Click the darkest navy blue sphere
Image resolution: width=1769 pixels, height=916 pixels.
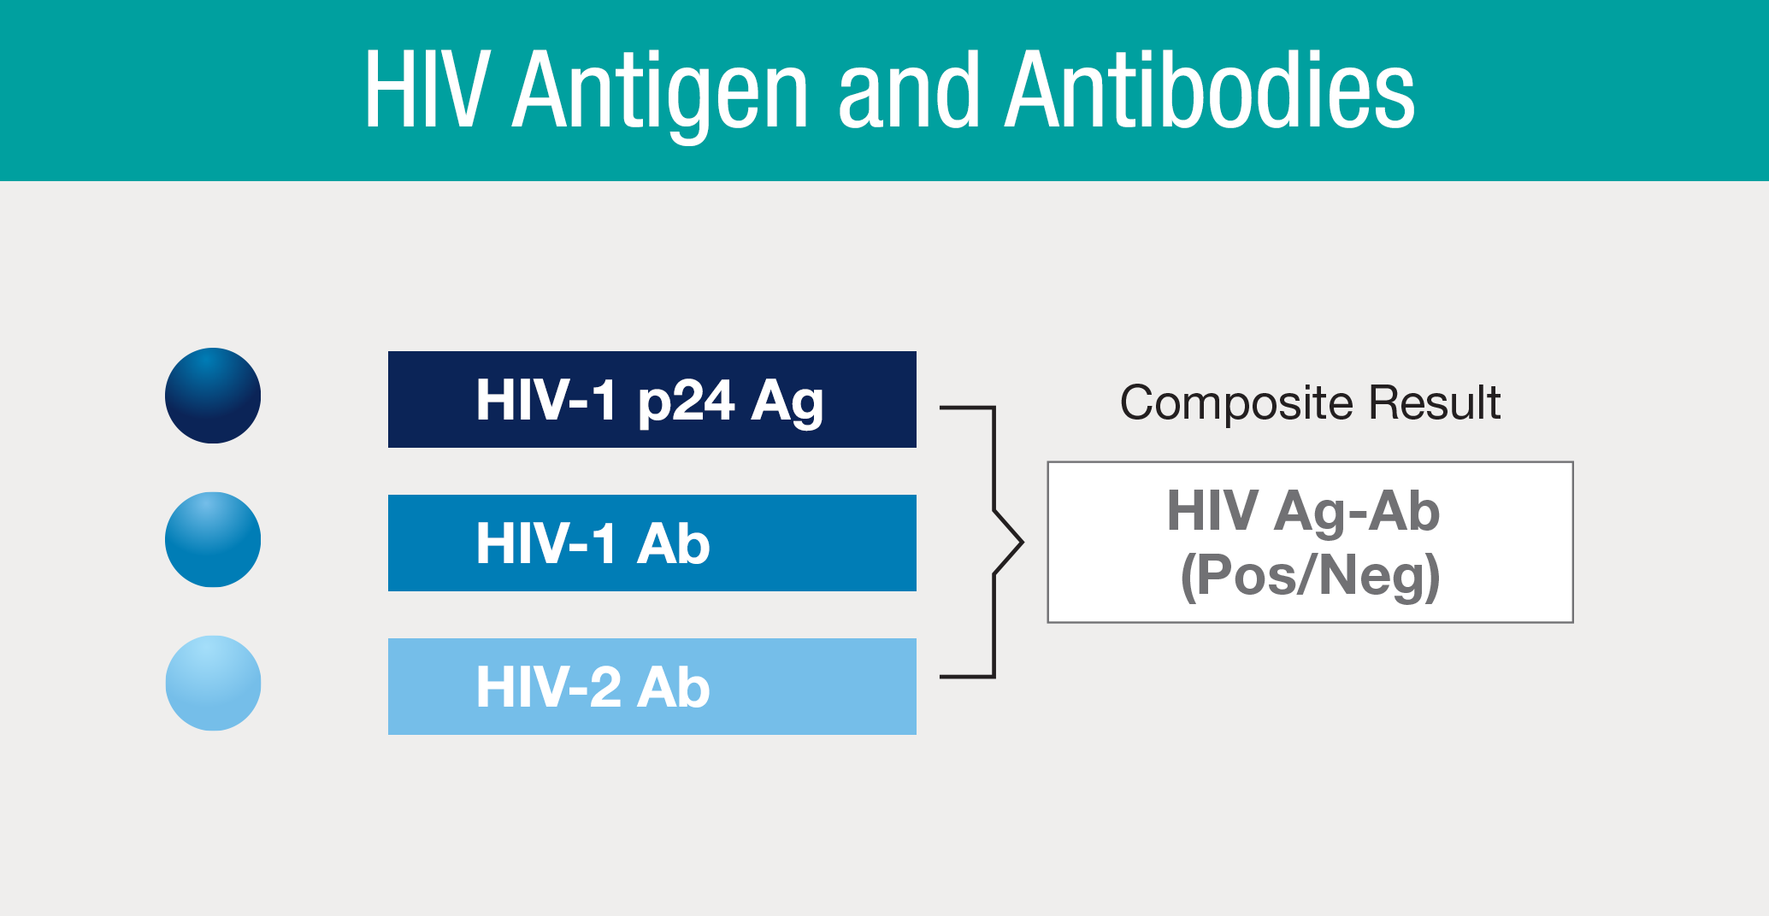pyautogui.click(x=213, y=396)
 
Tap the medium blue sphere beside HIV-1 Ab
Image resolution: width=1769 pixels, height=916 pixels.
pyautogui.click(x=213, y=539)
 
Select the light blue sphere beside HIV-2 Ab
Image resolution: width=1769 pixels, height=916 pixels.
pyautogui.click(x=213, y=683)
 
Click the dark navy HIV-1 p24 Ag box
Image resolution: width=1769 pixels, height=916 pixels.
pyautogui.click(x=652, y=399)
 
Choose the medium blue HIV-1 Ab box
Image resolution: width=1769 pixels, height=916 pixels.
pyautogui.click(x=652, y=543)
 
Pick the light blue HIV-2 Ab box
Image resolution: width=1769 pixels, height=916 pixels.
pyautogui.click(x=652, y=686)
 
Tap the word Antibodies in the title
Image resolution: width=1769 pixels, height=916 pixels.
pyautogui.click(x=1210, y=89)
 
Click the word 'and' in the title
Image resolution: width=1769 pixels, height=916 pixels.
pyautogui.click(x=908, y=89)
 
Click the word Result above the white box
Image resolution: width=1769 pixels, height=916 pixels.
pyautogui.click(x=1435, y=402)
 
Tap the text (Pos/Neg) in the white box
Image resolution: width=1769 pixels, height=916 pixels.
pyautogui.click(x=1310, y=576)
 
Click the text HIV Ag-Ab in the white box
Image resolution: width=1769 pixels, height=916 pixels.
pyautogui.click(x=1304, y=512)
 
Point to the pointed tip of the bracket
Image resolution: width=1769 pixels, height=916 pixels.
pyautogui.click(x=1023, y=543)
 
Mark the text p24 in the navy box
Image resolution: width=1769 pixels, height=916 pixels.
pyautogui.click(x=686, y=402)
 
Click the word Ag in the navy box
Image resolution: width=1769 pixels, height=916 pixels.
pyautogui.click(x=787, y=402)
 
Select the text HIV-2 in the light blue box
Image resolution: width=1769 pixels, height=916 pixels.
pyautogui.click(x=548, y=687)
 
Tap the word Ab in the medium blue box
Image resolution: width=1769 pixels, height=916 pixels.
pyautogui.click(x=674, y=543)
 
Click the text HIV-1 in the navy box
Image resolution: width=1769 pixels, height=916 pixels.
pyautogui.click(x=546, y=400)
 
